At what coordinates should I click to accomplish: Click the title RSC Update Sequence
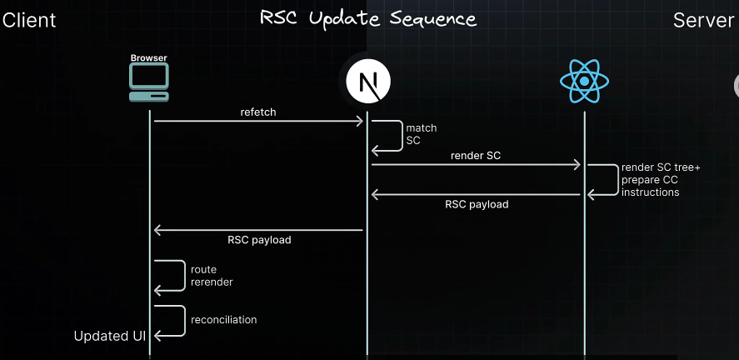coord(368,19)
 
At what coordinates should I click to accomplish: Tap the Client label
coord(29,20)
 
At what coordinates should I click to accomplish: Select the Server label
coord(703,20)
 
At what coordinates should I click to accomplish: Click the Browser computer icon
coord(149,82)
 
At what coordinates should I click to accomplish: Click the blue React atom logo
coord(584,81)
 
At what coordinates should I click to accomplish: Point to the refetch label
coord(258,112)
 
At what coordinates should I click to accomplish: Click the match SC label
coord(422,134)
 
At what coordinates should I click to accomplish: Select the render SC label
coord(476,156)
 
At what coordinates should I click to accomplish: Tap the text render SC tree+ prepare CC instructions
coord(662,179)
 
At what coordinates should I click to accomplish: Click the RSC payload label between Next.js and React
coord(477,204)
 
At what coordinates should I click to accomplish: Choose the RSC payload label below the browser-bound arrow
coord(259,240)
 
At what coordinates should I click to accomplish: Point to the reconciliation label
coord(224,319)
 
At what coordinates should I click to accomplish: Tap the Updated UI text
coord(109,336)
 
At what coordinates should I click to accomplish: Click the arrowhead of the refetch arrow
coord(360,121)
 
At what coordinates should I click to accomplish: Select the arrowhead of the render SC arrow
coord(577,164)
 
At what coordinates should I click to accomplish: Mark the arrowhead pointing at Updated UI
coord(158,336)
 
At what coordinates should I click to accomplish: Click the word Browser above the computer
coord(149,58)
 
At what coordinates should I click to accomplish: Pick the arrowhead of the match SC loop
coord(376,151)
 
